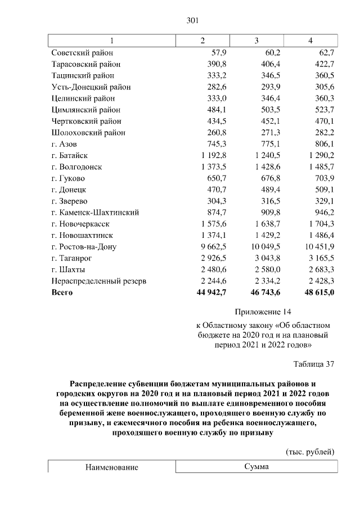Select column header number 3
click(256, 40)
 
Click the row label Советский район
click(83, 52)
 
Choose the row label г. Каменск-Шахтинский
click(95, 213)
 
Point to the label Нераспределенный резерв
click(98, 281)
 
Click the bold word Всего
click(62, 292)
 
